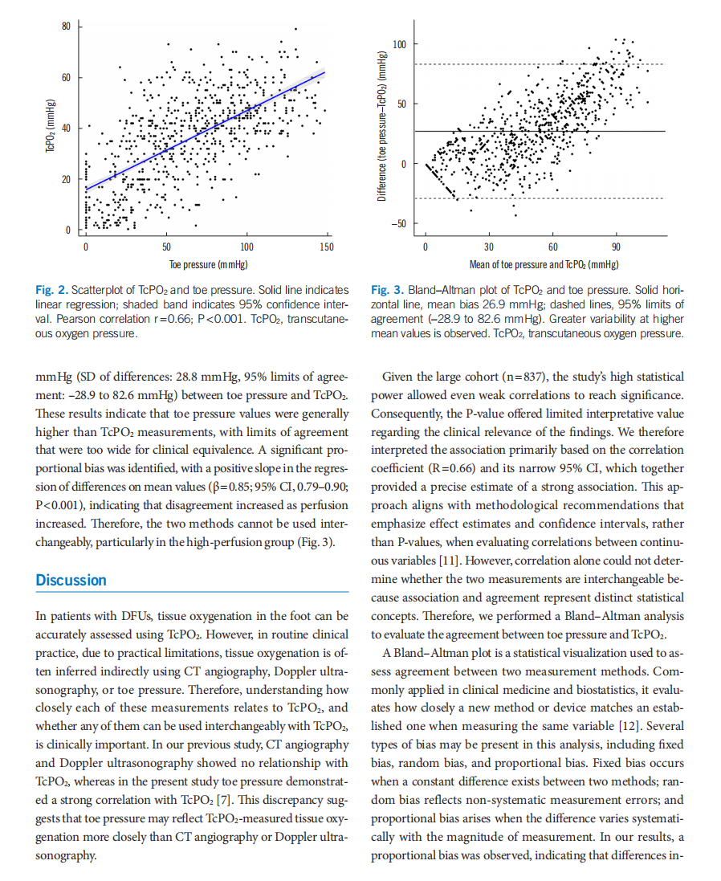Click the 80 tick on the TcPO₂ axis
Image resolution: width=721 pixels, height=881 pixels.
[x=67, y=27]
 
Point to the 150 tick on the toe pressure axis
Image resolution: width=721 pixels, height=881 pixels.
[x=327, y=247]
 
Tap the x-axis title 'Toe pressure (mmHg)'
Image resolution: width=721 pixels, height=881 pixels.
[x=208, y=265]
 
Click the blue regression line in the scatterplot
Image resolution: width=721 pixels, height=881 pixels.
[x=206, y=130]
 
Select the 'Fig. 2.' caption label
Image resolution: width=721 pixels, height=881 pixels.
[x=51, y=290]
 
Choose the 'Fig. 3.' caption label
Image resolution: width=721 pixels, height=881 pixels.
[x=388, y=290]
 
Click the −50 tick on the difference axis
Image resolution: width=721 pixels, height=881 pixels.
[x=398, y=224]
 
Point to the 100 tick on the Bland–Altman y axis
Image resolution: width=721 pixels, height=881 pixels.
[x=399, y=44]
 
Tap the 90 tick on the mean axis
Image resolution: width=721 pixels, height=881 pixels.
[x=616, y=247]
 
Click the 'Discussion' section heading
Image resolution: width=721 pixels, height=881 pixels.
[x=71, y=581]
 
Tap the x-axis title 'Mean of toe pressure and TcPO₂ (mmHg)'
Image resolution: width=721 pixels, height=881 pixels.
[x=544, y=265]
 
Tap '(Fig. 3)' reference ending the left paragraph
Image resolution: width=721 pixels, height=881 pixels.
[x=316, y=542]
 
